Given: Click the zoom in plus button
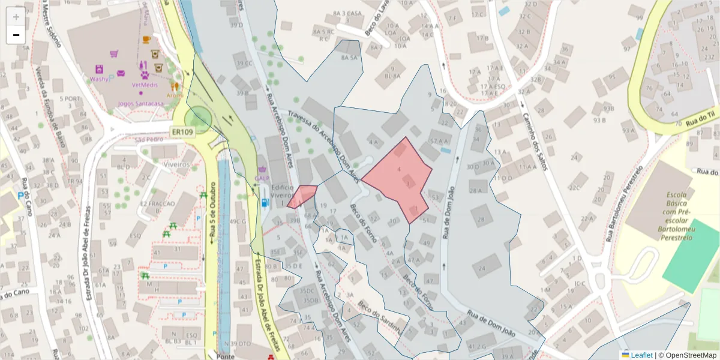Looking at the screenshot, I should click(16, 17).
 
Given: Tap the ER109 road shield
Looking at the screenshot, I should click(181, 132).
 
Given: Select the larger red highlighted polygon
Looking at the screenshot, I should click(399, 177).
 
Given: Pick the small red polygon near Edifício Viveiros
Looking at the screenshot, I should click(302, 196).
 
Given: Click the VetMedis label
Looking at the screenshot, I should click(145, 85).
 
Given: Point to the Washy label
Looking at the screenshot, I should click(99, 79).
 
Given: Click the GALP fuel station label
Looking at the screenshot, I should click(262, 178).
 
